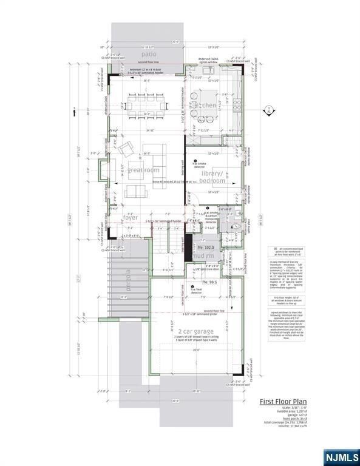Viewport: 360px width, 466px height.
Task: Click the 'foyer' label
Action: [131, 217]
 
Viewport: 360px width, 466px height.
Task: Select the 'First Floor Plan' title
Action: [283, 401]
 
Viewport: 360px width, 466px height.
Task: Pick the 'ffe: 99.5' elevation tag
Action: [209, 282]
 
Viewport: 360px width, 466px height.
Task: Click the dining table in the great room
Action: [146, 105]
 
